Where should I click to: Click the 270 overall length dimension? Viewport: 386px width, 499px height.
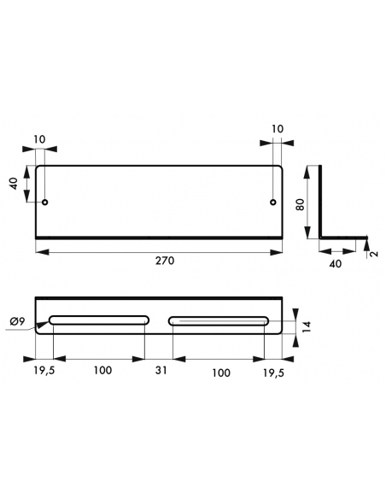[x=165, y=261]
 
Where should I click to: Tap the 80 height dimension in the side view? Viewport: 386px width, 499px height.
[x=300, y=204]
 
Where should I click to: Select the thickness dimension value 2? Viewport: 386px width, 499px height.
[x=375, y=254]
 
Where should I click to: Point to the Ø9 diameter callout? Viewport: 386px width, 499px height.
[x=17, y=322]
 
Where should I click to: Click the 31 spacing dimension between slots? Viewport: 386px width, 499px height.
[x=161, y=370]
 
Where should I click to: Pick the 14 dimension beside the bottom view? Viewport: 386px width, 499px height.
[x=307, y=327]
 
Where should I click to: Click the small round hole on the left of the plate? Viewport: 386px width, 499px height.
[x=45, y=203]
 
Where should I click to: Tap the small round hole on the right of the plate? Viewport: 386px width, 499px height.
[x=272, y=203]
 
